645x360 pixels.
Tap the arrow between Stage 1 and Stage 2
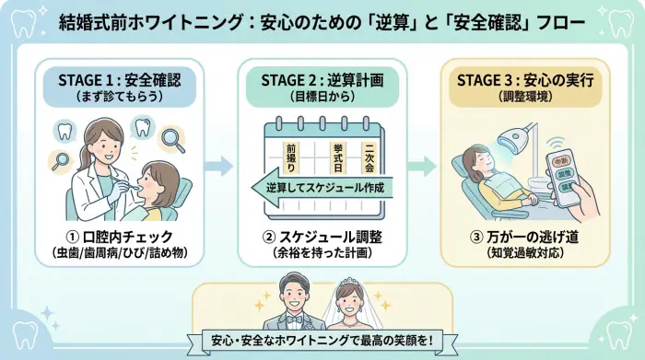point(219,167)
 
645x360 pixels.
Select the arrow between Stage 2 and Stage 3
point(422,167)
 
